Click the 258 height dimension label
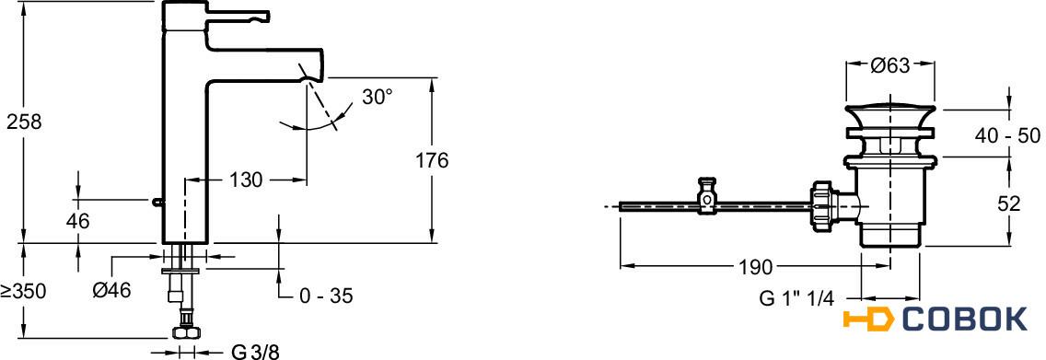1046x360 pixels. coord(24,122)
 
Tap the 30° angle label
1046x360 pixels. coord(378,98)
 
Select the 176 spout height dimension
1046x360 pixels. coord(432,161)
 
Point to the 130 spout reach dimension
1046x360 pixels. coord(246,180)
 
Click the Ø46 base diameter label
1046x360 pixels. coord(112,290)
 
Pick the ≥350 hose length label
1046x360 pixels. coord(23,291)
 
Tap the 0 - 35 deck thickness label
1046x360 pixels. coord(325,296)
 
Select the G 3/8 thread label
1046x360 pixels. coord(255,352)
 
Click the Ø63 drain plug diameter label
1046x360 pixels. coord(890,65)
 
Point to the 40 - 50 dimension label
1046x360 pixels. coord(1007,136)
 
